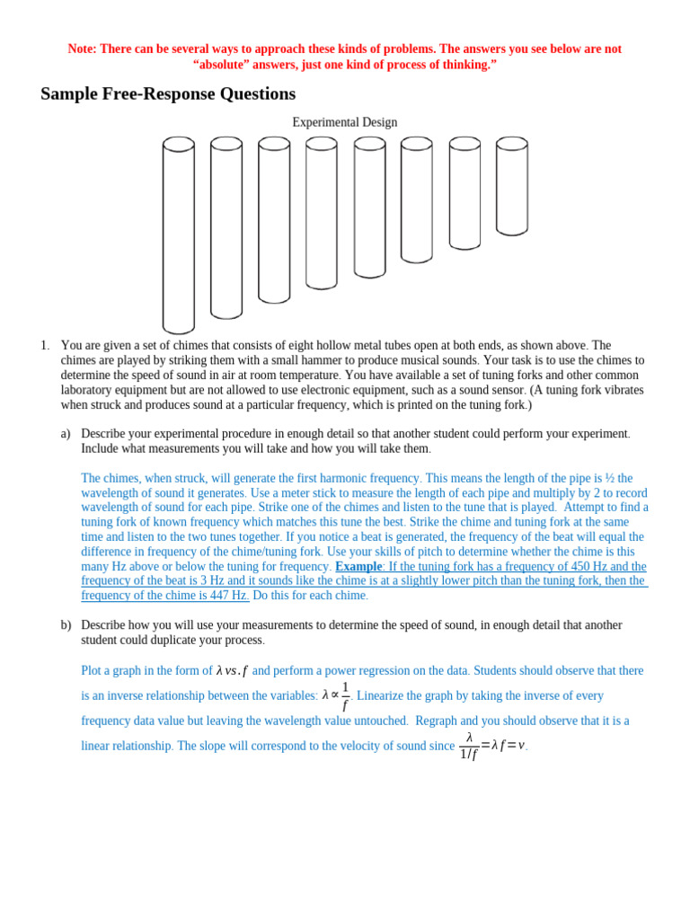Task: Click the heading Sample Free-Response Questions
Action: coord(168,94)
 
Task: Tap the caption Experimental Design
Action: coord(344,122)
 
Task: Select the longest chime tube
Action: coord(179,235)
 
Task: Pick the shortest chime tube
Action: coord(512,186)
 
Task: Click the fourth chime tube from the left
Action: coord(322,213)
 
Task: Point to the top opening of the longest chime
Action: coord(179,144)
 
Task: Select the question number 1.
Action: coord(45,346)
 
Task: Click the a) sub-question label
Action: coord(66,434)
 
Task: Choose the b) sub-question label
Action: coord(66,625)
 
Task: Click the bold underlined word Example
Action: coord(358,567)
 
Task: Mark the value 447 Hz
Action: coord(226,596)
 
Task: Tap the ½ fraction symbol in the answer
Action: coord(609,479)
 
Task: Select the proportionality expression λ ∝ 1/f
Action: coord(336,696)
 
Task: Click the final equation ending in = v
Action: coord(492,746)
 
